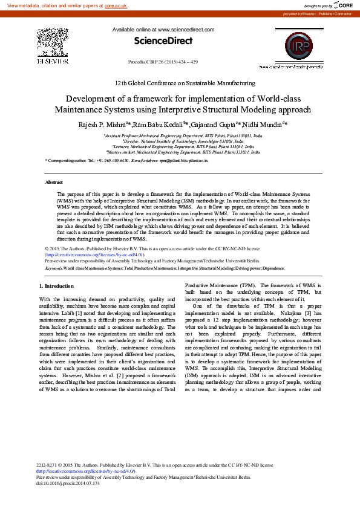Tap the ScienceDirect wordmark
point(163,41)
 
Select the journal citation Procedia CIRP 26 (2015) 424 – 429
point(163,62)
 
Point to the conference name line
point(185,83)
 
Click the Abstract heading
point(54,182)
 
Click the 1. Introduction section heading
point(56,285)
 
